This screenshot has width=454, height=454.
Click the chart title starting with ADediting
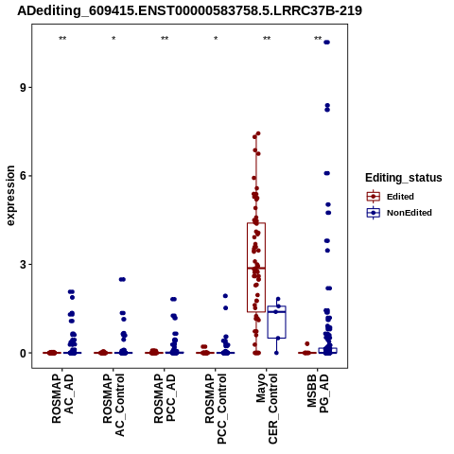tap(189, 10)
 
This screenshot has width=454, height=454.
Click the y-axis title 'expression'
tap(10, 196)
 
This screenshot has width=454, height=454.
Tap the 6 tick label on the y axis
tap(23, 176)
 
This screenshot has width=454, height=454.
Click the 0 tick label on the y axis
tap(23, 353)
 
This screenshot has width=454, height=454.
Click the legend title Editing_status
tap(403, 178)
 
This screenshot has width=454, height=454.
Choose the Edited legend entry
tap(391, 197)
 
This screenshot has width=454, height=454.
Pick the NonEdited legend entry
tap(399, 213)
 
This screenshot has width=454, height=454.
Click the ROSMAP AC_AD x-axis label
tap(62, 398)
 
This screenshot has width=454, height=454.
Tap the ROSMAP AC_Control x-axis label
tap(113, 405)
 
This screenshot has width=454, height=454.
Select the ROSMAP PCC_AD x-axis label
tap(165, 398)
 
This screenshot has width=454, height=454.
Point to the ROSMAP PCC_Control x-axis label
tap(216, 409)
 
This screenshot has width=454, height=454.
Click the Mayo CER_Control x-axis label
tap(267, 409)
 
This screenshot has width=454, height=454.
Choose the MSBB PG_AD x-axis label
tap(318, 393)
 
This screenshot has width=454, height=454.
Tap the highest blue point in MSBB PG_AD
tap(326, 43)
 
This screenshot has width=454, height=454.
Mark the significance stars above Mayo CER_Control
tap(267, 39)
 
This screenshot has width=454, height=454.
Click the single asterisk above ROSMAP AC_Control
tap(113, 39)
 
